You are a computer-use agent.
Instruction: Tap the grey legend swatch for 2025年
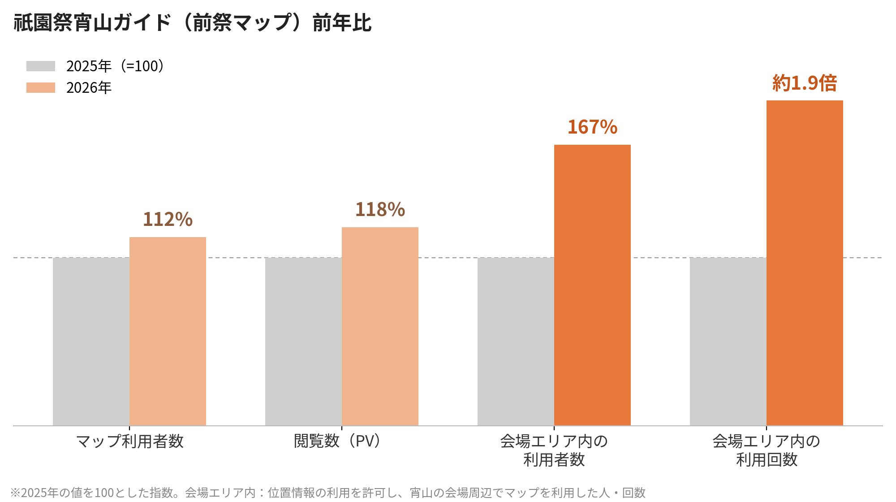pyautogui.click(x=41, y=66)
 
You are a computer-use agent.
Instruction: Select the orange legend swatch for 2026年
pyautogui.click(x=41, y=88)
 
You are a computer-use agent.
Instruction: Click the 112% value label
pyautogui.click(x=168, y=219)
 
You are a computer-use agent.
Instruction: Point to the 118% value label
pyautogui.click(x=380, y=209)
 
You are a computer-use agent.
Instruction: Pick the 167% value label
pyautogui.click(x=592, y=127)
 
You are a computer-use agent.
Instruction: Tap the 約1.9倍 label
pyautogui.click(x=805, y=83)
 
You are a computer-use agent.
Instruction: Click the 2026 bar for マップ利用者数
pyautogui.click(x=168, y=331)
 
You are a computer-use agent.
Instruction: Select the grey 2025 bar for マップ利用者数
pyautogui.click(x=91, y=342)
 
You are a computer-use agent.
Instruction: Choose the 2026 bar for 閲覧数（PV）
pyautogui.click(x=380, y=326)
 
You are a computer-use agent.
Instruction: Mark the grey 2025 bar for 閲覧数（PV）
pyautogui.click(x=303, y=342)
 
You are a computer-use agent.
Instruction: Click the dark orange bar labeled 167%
pyautogui.click(x=592, y=285)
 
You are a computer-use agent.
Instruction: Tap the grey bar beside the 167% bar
pyautogui.click(x=516, y=342)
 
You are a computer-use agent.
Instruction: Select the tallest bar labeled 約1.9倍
pyautogui.click(x=805, y=263)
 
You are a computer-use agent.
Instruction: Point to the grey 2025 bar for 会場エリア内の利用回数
pyautogui.click(x=728, y=342)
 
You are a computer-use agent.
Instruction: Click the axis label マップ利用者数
pyautogui.click(x=129, y=441)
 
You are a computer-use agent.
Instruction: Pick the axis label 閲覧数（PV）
pyautogui.click(x=339, y=441)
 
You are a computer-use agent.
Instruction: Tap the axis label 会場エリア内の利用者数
pyautogui.click(x=554, y=450)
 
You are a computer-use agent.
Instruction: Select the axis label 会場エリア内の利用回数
pyautogui.click(x=767, y=450)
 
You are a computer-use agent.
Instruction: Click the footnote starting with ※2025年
pyautogui.click(x=328, y=493)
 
